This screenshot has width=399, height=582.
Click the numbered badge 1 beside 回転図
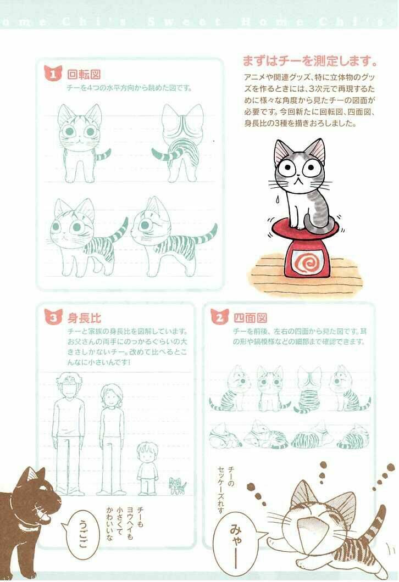point(53,74)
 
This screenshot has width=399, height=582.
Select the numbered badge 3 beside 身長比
point(53,317)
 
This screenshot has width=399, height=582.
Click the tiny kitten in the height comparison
point(177,485)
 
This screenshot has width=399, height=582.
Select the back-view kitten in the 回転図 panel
point(179,137)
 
